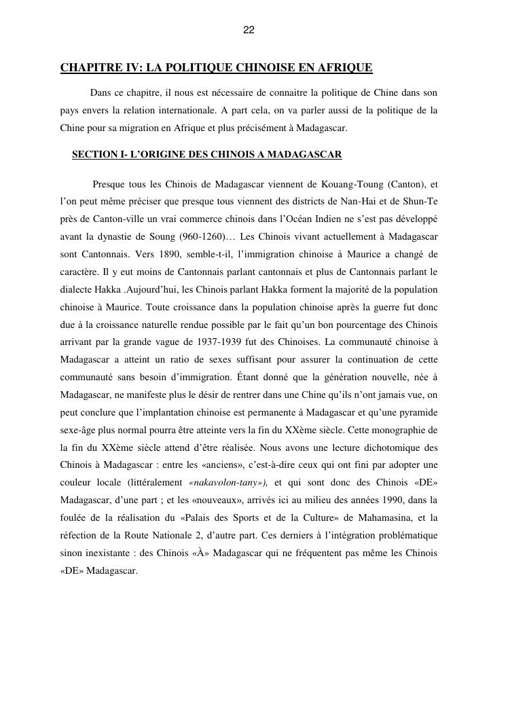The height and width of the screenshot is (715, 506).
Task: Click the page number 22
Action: coord(249,30)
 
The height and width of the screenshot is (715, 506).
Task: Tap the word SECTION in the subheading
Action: coord(94,154)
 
